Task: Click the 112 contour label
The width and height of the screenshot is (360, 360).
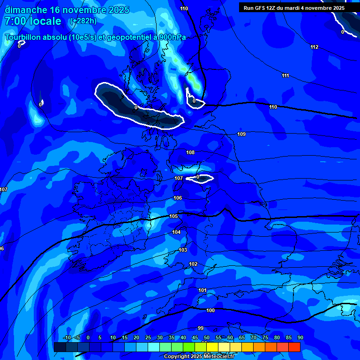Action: [x=314, y=47]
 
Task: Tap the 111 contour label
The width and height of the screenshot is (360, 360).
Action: [x=285, y=75]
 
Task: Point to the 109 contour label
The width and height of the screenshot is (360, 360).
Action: [x=241, y=135]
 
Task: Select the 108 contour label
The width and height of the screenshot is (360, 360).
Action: [x=190, y=152]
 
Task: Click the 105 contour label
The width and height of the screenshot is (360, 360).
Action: [x=173, y=216]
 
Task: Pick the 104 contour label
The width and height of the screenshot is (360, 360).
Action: [x=176, y=232]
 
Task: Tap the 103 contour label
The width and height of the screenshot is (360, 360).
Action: [x=183, y=250]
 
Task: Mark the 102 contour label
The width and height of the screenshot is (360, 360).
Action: [x=193, y=264]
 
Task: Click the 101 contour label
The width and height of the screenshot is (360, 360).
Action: [x=202, y=290]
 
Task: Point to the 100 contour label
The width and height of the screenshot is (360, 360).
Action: [x=210, y=310]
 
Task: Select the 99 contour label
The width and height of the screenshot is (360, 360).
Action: [x=201, y=328]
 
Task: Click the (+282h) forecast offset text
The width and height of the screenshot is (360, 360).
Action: [x=83, y=21]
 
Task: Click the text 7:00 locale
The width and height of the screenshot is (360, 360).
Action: [x=33, y=21]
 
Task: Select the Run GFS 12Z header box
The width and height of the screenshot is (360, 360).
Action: [x=294, y=7]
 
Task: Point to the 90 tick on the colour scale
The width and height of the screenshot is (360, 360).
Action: [x=300, y=337]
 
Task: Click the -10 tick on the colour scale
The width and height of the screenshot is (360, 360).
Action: [x=67, y=337]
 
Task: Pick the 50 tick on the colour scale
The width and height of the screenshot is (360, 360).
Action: [x=207, y=337]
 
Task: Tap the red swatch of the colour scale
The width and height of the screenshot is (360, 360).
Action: [x=294, y=347]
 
